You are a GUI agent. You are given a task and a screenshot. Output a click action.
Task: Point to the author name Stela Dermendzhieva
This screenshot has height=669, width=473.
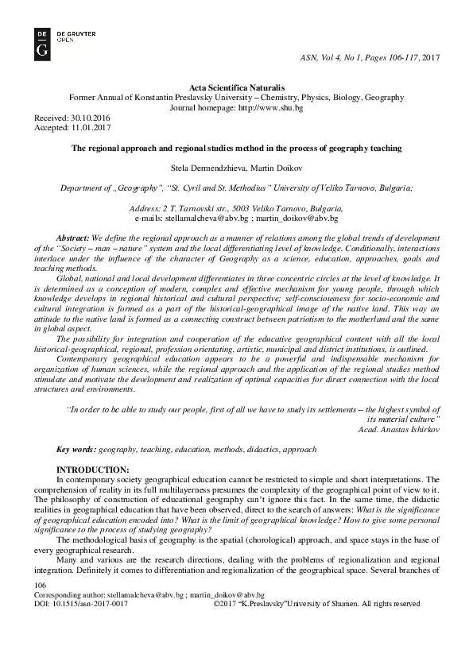point(207,168)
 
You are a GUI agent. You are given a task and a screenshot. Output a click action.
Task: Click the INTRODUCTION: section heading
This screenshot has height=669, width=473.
point(92,470)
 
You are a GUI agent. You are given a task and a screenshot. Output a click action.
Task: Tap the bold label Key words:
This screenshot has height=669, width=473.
point(76,449)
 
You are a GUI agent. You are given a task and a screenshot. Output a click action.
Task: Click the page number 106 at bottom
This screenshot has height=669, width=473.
point(37,585)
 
